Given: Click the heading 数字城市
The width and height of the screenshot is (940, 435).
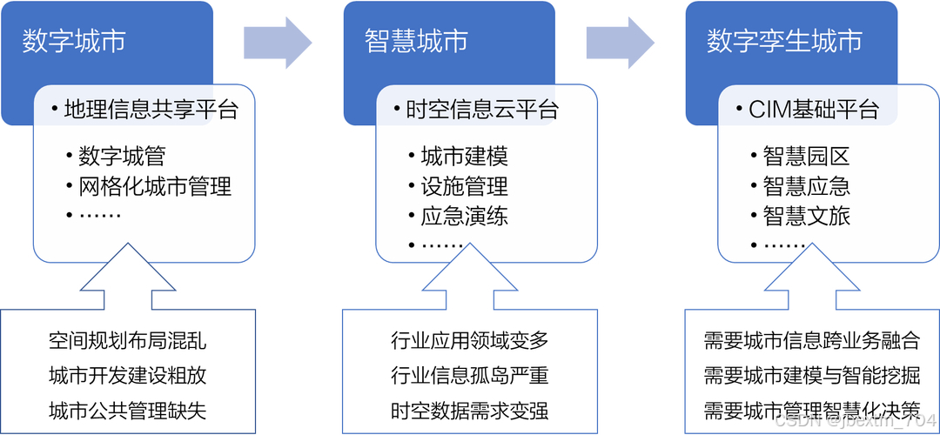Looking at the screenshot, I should (74, 41).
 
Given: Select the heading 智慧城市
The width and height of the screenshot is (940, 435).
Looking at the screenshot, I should (416, 41).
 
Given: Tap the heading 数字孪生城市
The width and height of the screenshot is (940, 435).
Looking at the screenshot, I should (784, 41).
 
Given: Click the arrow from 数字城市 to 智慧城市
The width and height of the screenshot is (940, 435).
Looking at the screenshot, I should (278, 41).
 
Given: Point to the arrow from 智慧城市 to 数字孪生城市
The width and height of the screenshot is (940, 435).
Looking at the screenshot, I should (621, 41).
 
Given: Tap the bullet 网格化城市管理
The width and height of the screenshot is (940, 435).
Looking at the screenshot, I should (155, 186).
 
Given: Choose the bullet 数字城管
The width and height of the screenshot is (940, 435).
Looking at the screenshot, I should (122, 157).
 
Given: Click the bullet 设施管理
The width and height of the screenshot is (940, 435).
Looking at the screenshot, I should (464, 186).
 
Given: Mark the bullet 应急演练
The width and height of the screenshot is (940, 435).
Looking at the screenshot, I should (464, 216).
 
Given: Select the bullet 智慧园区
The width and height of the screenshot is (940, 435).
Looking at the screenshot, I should (806, 157).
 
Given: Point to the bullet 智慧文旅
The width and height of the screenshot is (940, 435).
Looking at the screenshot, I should (806, 216).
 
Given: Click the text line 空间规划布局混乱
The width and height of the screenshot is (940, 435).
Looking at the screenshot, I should (128, 340).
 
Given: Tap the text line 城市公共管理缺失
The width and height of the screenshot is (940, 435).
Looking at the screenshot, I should (128, 410).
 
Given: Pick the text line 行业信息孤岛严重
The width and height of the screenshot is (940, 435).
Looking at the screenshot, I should (470, 376).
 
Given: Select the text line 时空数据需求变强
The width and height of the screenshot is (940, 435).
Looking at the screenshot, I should (470, 410).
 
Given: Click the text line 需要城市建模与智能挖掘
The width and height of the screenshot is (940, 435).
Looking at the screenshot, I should (812, 376).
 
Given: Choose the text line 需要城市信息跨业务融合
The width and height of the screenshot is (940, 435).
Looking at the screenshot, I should (812, 340).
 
